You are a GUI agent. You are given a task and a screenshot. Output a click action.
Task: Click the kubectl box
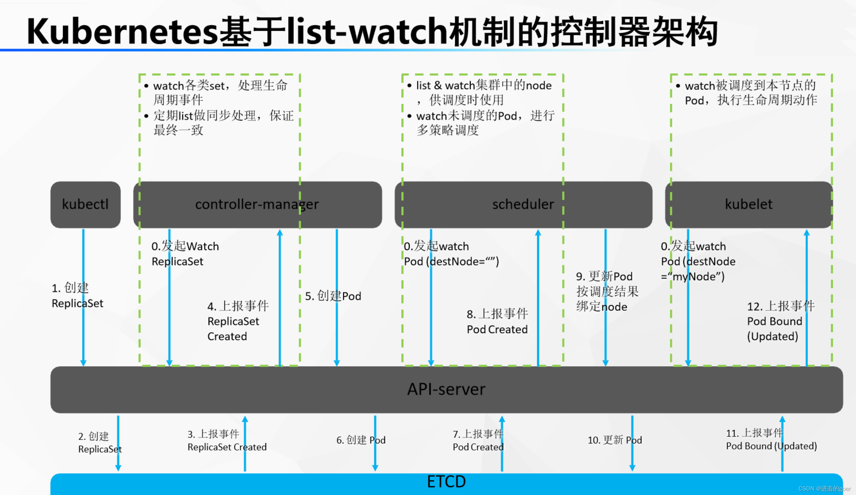click(85, 204)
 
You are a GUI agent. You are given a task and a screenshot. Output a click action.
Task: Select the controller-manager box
click(257, 204)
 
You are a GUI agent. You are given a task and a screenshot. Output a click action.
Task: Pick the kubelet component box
click(749, 204)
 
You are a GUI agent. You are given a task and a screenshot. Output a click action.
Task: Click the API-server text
click(446, 389)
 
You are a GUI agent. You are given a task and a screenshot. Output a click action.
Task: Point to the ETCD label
click(446, 482)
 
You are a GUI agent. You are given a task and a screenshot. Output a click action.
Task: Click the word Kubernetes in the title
click(122, 32)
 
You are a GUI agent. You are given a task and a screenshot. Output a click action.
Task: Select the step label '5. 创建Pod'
click(333, 296)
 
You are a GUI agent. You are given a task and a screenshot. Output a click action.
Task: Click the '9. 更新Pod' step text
click(604, 277)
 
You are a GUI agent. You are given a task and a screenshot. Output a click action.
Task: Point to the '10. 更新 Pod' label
click(615, 440)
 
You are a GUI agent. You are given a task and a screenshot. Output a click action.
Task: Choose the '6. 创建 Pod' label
click(361, 440)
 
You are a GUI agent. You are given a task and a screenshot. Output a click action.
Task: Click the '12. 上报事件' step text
click(781, 306)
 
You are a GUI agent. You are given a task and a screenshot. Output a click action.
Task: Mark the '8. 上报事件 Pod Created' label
click(497, 321)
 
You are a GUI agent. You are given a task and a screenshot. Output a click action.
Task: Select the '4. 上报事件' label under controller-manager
click(238, 306)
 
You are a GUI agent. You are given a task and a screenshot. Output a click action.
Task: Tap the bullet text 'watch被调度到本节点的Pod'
click(751, 93)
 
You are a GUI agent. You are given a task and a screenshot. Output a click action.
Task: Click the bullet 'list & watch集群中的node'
click(484, 85)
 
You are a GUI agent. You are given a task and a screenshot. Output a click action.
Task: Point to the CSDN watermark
click(824, 489)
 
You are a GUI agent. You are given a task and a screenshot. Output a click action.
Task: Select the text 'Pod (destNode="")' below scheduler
click(451, 261)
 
